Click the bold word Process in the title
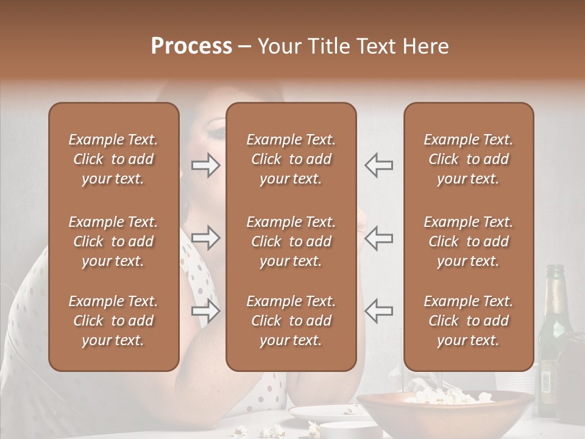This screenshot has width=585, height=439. coord(191,46)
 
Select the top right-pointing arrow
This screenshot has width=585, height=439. coord(205,165)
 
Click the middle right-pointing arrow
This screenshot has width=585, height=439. coord(205,238)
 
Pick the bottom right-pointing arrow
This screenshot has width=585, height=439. coord(205,312)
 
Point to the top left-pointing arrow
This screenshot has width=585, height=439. coord(379,165)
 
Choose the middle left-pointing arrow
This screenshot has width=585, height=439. coord(379,238)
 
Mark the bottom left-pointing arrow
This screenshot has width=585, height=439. coord(379,312)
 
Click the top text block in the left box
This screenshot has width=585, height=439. coord(113,159)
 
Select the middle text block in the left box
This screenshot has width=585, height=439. coord(113,241)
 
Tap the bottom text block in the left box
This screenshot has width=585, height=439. coord(113,321)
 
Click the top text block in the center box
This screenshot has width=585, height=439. coord(291,159)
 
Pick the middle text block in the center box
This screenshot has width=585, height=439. coord(291,241)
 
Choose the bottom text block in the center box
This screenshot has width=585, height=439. coord(291,321)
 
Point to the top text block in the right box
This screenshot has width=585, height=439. coord(469,159)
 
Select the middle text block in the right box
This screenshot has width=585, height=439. coord(469,241)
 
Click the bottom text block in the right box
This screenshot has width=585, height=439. coord(469,321)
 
